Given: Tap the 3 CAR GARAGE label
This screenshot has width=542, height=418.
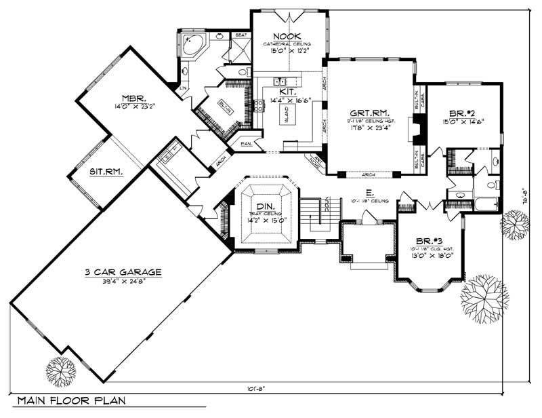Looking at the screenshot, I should coord(123,272).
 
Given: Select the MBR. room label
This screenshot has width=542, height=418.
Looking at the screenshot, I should coord(135,96).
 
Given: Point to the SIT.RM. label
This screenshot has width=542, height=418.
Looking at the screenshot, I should coord(106,172).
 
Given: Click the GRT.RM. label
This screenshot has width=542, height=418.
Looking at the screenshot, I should coord(368,113).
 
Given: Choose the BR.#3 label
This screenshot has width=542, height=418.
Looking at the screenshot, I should coord(429,240).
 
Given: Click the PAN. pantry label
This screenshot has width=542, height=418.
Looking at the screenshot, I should coord(245,145).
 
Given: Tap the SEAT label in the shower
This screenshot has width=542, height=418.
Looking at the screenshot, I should coord(240,35).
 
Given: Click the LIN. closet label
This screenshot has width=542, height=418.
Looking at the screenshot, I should coord(183,88).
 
